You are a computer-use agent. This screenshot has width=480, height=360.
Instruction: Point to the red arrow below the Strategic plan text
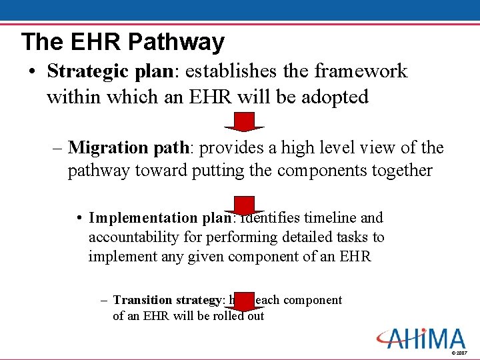click(x=245, y=122)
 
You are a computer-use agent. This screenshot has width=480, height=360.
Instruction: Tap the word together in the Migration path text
click(x=402, y=171)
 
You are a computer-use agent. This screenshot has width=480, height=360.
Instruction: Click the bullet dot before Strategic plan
click(x=32, y=72)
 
